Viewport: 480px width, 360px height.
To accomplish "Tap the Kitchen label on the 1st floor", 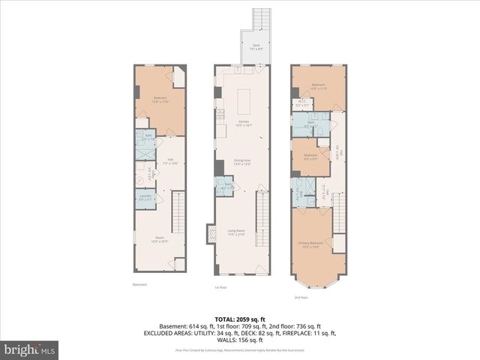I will (244, 123).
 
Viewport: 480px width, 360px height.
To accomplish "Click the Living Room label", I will (237, 232).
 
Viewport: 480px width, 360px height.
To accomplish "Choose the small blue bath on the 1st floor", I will (223, 187).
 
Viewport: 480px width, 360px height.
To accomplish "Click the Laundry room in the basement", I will (145, 198).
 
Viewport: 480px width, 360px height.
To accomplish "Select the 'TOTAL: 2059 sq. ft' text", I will (240, 319).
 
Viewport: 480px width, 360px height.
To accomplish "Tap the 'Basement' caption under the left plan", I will (140, 284).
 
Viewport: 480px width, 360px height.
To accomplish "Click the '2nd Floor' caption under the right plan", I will (301, 297).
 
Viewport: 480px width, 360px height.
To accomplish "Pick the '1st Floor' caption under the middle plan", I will (220, 286).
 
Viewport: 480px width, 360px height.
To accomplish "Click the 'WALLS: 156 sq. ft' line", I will (240, 339).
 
